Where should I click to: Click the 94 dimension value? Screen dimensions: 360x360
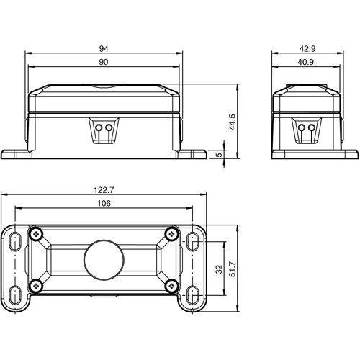point(104,48)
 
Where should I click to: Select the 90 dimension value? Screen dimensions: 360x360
point(104,63)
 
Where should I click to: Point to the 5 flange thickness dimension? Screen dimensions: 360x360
point(219,154)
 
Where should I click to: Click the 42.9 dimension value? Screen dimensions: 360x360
point(315,48)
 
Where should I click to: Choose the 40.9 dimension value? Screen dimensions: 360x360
point(315,63)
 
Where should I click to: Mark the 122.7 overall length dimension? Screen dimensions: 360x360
point(104,190)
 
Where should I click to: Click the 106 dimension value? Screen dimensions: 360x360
point(104,204)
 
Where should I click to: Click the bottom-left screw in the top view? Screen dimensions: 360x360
point(36,286)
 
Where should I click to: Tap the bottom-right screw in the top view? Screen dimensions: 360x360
point(171,286)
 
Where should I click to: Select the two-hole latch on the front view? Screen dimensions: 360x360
point(104,130)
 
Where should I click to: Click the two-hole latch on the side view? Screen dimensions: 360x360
point(307,130)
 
